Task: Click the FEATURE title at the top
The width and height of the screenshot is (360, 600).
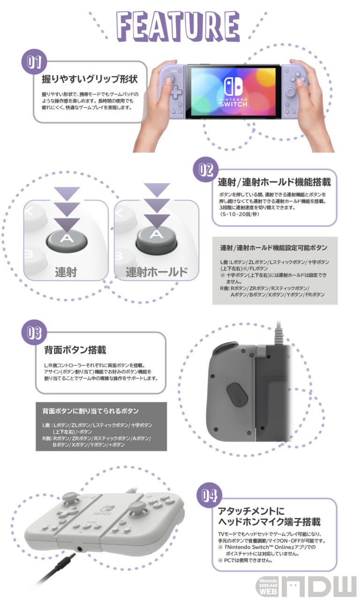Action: [x=178, y=26]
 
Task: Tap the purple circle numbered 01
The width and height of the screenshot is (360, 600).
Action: [x=34, y=61]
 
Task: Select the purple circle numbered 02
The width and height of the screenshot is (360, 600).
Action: [x=206, y=170]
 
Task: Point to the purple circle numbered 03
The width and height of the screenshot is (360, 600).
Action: [x=34, y=332]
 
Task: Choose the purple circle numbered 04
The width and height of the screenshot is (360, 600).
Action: [x=210, y=495]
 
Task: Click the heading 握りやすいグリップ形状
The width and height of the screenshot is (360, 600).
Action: [x=90, y=79]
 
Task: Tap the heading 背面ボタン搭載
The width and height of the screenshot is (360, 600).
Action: [x=75, y=350]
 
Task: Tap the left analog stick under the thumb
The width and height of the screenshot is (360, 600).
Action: [x=168, y=78]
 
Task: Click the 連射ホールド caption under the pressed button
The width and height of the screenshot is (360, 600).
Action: [x=157, y=272]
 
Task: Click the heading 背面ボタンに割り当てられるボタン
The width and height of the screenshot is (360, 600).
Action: [x=90, y=411]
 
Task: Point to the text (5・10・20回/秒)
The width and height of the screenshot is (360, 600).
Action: [x=239, y=214]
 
